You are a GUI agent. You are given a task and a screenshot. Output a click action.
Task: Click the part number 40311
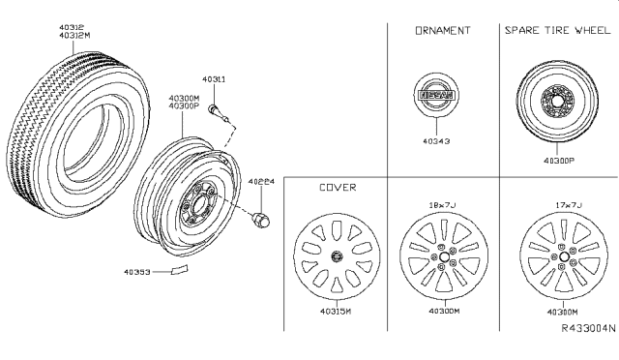214,79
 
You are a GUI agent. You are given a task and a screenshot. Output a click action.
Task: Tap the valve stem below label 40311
220,113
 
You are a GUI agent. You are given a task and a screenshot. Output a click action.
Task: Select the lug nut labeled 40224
261,220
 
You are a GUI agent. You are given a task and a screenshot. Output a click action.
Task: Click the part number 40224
261,182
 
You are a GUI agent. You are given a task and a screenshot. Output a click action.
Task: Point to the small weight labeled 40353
180,270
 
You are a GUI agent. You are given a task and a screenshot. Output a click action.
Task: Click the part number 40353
137,272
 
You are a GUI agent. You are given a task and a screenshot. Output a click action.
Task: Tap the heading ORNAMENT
443,31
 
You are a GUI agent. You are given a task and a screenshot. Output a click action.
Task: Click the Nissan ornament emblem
436,95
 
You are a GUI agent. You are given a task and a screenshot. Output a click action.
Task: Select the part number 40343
436,141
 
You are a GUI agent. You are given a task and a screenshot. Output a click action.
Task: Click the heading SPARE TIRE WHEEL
557,30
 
